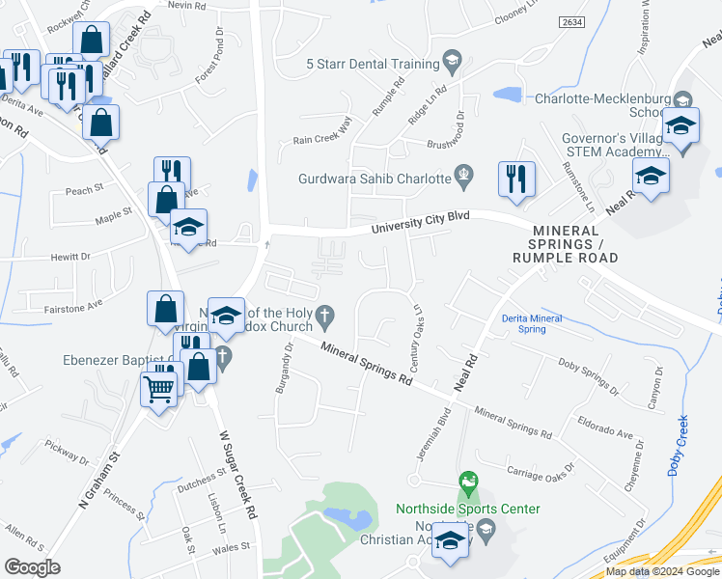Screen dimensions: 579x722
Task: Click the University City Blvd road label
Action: coord(421,222)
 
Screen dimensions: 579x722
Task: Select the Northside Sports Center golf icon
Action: coord(468,481)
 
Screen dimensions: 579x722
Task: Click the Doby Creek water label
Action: coord(677,445)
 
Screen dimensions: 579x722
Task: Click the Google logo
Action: coord(32,567)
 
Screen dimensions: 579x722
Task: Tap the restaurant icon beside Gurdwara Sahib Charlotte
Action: coord(516,179)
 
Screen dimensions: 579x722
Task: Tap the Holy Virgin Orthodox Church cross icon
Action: coord(326,315)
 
